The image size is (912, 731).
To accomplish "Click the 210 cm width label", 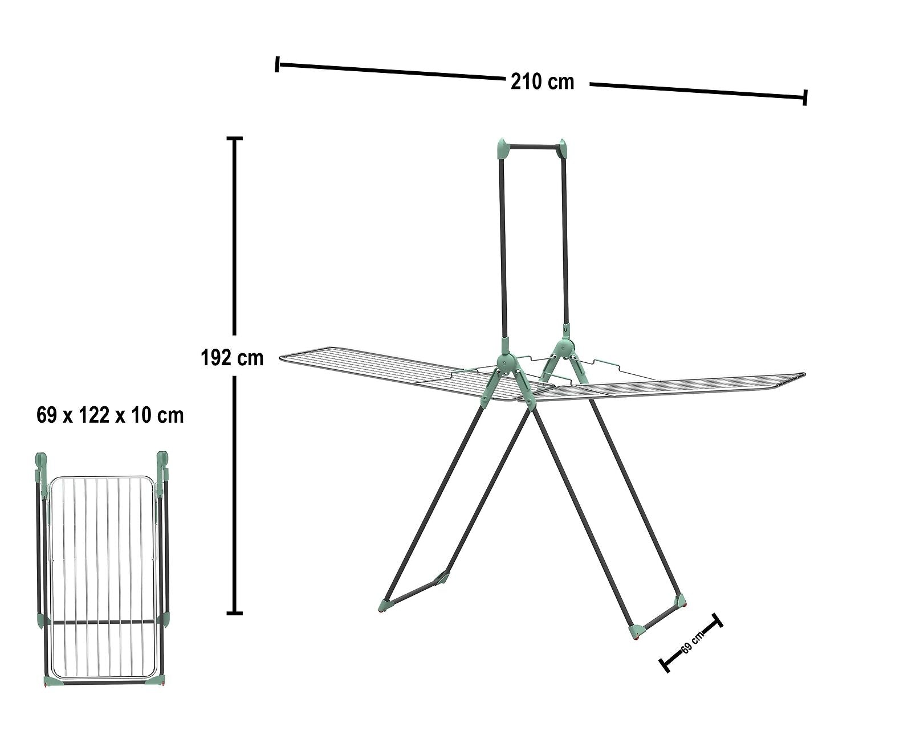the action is (542, 82).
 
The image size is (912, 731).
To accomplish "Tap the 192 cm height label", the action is (232, 358).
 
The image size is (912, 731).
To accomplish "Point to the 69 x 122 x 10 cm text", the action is (110, 415).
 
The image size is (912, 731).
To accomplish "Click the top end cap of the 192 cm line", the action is (234, 138).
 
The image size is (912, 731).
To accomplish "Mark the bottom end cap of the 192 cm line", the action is (234, 613).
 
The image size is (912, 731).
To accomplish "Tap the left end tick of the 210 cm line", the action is (277, 64).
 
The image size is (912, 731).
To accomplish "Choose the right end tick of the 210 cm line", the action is (805, 97).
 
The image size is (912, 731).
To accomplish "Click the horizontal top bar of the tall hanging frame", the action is (532, 147).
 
